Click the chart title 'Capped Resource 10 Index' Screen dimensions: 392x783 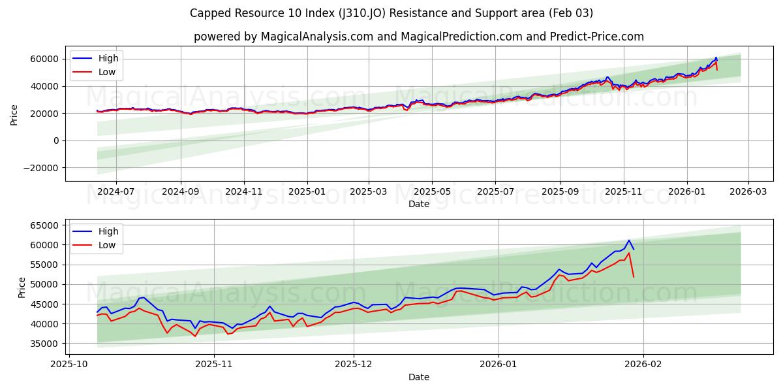[x=391, y=13]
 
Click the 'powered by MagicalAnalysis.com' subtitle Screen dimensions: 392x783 [x=418, y=37]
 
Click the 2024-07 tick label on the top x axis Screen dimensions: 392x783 [x=115, y=192]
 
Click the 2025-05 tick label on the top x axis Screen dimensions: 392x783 [x=431, y=192]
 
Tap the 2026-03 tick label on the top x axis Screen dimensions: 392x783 [x=748, y=192]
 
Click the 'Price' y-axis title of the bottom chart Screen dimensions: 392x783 [x=22, y=287]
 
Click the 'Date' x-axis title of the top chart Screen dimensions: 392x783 [x=418, y=204]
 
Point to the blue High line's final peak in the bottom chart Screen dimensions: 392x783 [x=629, y=240]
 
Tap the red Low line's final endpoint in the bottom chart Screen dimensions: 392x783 [x=634, y=277]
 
